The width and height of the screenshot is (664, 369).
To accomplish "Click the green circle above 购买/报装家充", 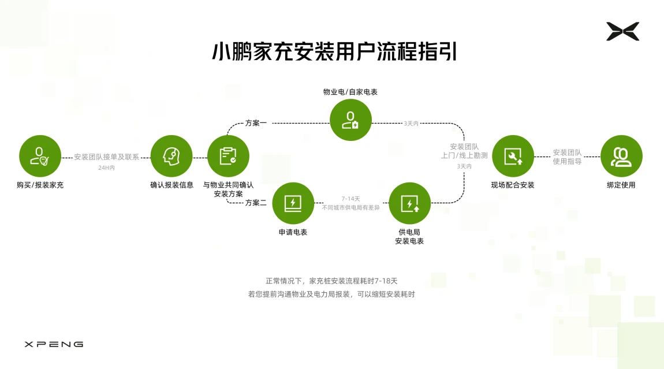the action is coord(40,156).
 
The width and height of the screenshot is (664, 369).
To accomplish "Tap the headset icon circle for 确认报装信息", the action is coord(171,156).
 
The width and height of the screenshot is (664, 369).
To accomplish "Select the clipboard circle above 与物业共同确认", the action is coord(228,156).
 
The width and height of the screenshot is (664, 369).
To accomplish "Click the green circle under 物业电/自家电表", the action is coord(350,120).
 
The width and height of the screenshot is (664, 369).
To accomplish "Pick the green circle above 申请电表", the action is coord(293,203).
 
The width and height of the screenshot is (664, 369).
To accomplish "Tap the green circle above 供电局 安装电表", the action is coord(409,203).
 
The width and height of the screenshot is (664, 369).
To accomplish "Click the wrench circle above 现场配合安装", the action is coord(513,156).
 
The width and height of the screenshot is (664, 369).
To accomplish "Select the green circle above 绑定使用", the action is coord(621,156).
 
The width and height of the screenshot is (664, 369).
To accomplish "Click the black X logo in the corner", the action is coord(622,31).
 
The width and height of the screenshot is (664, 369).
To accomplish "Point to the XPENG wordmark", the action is coord(54,344).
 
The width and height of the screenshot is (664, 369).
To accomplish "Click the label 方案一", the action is coord(256,123).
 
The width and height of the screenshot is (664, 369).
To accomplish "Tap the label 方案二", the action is coord(256,203).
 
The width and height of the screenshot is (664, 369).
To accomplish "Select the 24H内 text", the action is coord(106,168).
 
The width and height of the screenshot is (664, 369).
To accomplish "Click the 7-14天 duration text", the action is coord(350,198).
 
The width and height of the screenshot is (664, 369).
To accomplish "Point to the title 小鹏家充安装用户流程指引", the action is coord(334,52).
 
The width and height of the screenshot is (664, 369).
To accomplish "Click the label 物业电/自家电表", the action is coord(350,92).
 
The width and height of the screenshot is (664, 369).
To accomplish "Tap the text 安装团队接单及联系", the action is coord(106,156).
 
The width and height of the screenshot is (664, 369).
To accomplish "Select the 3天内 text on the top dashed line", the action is coord(411,123).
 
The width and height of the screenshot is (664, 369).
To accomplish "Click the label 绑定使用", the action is coord(621,185).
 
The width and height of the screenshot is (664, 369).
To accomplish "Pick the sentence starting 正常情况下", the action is coord(331,281).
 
